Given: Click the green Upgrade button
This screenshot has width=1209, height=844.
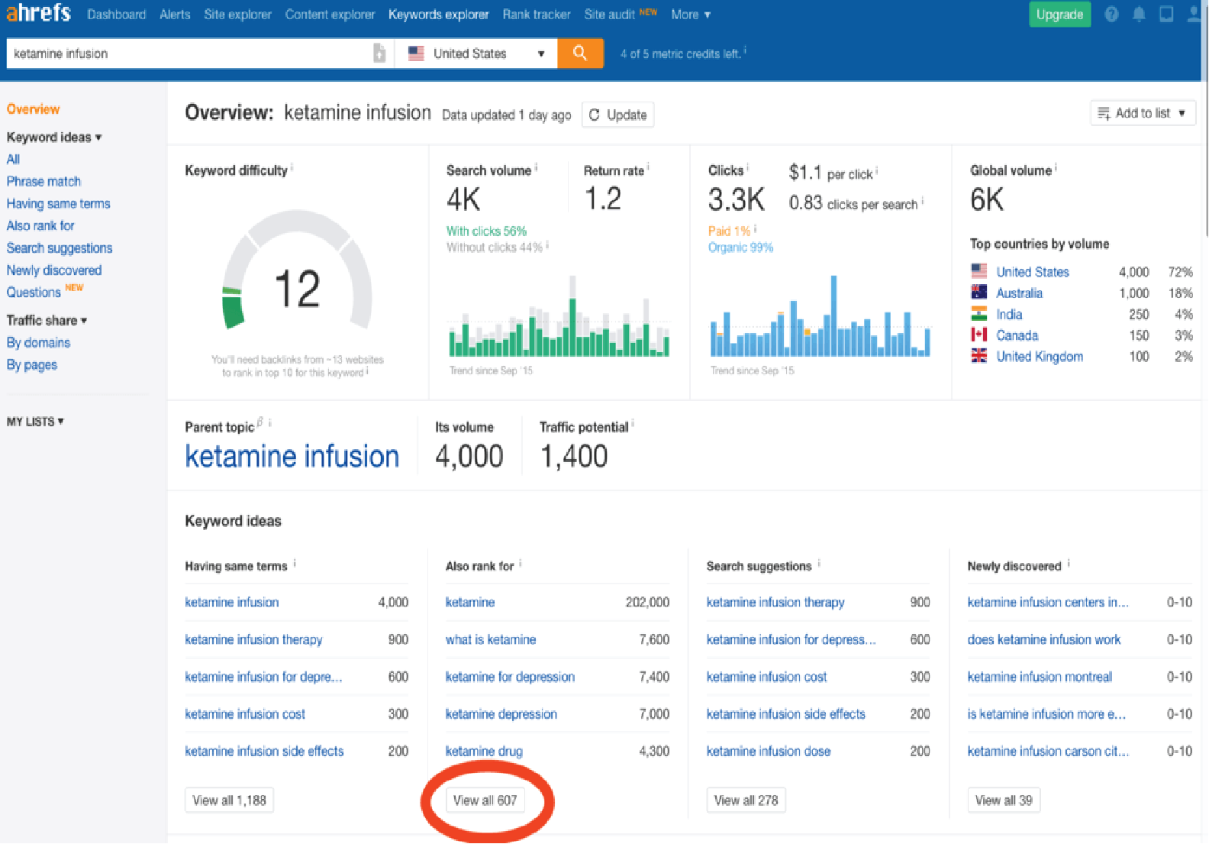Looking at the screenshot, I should [x=1059, y=15].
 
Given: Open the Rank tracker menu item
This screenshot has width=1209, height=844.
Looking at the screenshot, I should [x=536, y=15].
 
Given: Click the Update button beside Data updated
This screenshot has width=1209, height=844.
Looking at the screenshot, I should [x=618, y=115].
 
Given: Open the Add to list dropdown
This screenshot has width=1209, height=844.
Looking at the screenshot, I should [x=1142, y=113].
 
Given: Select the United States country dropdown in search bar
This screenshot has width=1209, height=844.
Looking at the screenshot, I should [x=476, y=53].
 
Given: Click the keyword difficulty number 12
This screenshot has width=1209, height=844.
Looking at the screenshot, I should [x=297, y=289].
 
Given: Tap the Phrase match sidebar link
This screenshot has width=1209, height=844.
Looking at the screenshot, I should [x=44, y=181].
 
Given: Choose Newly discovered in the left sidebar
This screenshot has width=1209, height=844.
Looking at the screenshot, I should [x=53, y=270].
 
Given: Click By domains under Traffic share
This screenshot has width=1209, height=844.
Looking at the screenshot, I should [x=38, y=343].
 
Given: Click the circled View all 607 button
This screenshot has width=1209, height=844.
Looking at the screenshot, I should [x=485, y=800].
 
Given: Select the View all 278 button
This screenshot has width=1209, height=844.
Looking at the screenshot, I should [x=746, y=800].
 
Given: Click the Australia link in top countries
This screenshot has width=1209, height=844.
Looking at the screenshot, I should [x=1019, y=293].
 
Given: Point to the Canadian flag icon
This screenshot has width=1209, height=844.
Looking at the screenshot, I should [x=978, y=335].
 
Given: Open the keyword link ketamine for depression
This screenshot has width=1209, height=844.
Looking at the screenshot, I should [x=510, y=677].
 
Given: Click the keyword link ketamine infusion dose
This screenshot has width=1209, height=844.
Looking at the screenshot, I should [x=768, y=752].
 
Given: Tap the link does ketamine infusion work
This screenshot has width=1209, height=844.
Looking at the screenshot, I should [x=1043, y=639].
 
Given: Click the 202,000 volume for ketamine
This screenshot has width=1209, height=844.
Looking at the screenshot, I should [x=647, y=603].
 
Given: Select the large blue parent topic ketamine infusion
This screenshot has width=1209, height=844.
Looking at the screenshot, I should [x=292, y=457].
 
